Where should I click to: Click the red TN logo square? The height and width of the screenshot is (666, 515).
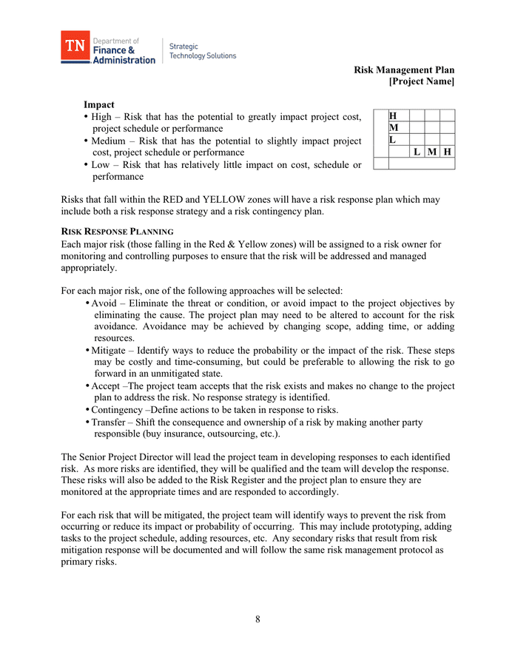[75, 46]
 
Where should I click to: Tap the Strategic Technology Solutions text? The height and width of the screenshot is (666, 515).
[203, 51]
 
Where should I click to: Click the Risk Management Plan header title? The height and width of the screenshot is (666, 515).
[404, 70]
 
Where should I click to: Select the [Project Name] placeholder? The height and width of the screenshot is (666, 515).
[422, 81]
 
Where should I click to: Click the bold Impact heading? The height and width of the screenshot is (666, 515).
[99, 105]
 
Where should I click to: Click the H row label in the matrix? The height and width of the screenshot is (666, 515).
[393, 116]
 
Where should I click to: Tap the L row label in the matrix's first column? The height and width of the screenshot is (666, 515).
[393, 139]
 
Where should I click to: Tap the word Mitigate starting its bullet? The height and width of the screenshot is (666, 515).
[110, 350]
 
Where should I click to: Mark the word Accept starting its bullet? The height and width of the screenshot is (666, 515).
[106, 386]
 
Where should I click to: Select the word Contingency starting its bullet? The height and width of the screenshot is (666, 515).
[118, 410]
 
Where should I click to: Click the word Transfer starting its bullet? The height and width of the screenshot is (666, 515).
[110, 423]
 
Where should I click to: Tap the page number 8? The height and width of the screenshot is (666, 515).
[257, 619]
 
